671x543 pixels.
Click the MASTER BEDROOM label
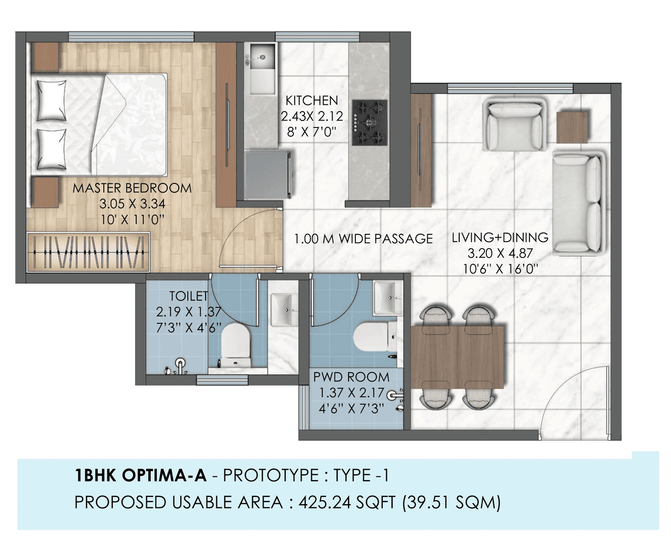click(132, 188)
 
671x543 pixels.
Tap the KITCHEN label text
click(311, 100)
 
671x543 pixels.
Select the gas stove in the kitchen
click(370, 123)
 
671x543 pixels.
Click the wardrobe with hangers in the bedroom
click(88, 252)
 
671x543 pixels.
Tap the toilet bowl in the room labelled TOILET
click(235, 343)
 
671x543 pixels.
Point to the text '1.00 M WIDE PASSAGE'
click(363, 239)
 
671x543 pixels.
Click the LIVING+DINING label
click(500, 237)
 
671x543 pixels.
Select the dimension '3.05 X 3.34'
click(132, 204)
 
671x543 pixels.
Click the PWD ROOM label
click(351, 377)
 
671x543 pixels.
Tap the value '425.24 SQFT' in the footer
click(347, 503)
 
